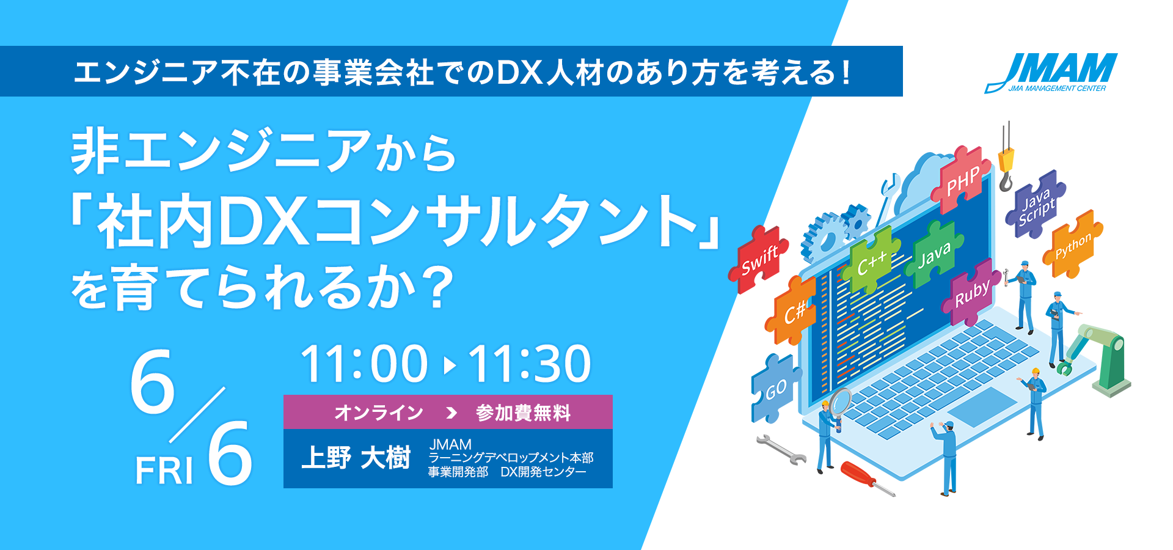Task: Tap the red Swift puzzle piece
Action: pyautogui.click(x=758, y=260)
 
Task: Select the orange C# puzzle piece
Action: pyautogui.click(x=792, y=310)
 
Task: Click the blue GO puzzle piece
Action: pyautogui.click(x=775, y=388)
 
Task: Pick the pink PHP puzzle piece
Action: pyautogui.click(x=961, y=181)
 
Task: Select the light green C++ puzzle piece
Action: pyautogui.click(x=871, y=261)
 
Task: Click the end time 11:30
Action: pyautogui.click(x=530, y=364)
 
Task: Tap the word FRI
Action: pyautogui.click(x=164, y=472)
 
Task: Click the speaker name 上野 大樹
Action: pyautogui.click(x=356, y=458)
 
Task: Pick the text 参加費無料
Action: pyautogui.click(x=524, y=413)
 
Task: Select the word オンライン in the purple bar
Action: pyautogui.click(x=379, y=413)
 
